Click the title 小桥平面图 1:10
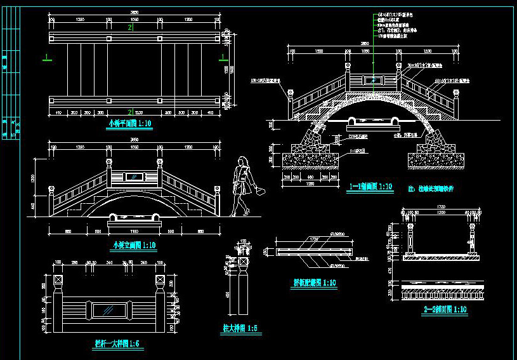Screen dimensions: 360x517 click(x=129, y=124)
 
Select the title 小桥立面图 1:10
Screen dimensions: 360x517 click(x=134, y=245)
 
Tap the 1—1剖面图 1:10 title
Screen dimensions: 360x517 click(x=371, y=187)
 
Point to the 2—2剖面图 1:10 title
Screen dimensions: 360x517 click(x=445, y=310)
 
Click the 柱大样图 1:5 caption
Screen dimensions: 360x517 click(x=239, y=329)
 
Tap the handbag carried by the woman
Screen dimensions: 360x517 click(x=259, y=190)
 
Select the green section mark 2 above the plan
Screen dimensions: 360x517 click(x=130, y=28)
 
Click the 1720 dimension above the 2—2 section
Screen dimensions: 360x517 click(x=442, y=207)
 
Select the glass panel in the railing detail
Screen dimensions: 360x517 click(x=109, y=309)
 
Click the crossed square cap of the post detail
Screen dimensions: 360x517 click(x=242, y=261)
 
